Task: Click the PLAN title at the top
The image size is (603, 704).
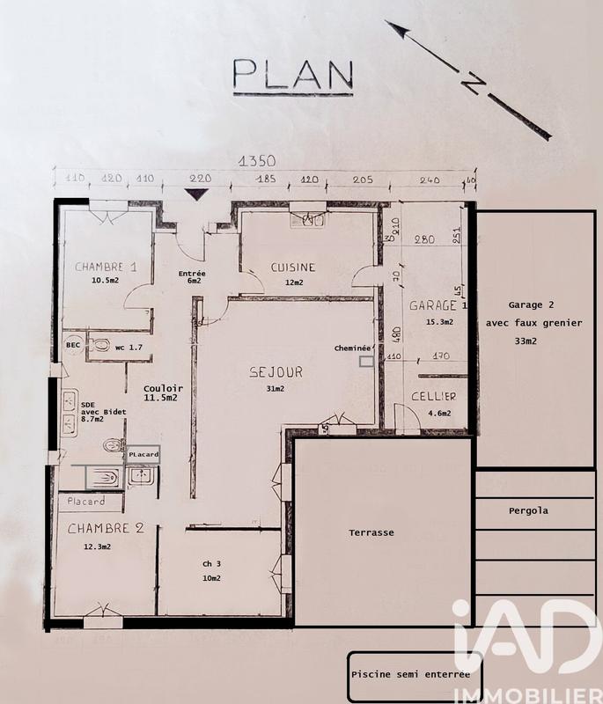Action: pyautogui.click(x=292, y=76)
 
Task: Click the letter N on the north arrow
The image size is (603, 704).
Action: pyautogui.click(x=474, y=83)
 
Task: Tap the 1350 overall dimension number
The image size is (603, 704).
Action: pyautogui.click(x=257, y=161)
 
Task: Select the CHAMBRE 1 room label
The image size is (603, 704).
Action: pyautogui.click(x=106, y=267)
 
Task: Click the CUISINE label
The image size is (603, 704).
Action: pyautogui.click(x=292, y=268)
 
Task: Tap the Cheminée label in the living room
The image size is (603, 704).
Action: pyautogui.click(x=353, y=348)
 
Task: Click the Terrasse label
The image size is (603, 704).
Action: pyautogui.click(x=371, y=532)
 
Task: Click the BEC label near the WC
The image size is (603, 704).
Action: pyautogui.click(x=73, y=346)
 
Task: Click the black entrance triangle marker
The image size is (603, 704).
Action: pyautogui.click(x=194, y=195)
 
